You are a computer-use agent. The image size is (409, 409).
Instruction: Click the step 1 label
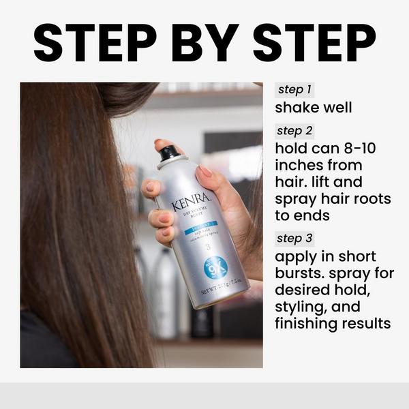(x=294, y=90)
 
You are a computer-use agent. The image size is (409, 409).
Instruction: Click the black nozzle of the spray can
(x=169, y=153)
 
